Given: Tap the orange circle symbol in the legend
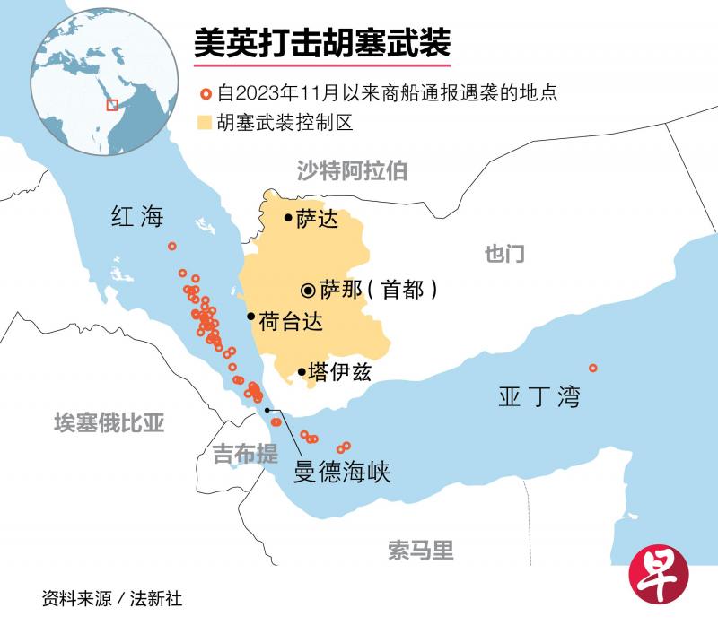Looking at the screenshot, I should click(x=205, y=93).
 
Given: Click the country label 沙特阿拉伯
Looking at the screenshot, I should click(x=352, y=170).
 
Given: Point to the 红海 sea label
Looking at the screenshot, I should click(x=137, y=216).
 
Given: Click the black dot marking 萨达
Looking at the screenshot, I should click(x=287, y=217).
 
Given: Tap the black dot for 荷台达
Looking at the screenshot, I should click(x=250, y=317).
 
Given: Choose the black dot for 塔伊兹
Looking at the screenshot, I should click(x=300, y=371).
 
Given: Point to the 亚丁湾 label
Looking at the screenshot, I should click(x=538, y=396).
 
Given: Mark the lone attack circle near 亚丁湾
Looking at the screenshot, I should click(x=592, y=368).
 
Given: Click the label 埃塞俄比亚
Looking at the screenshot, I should click(x=109, y=422).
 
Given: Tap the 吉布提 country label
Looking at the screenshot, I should click(x=244, y=455).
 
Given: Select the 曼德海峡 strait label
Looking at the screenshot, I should click(x=342, y=472).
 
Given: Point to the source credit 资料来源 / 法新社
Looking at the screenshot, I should click(x=111, y=598).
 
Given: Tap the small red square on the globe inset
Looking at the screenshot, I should click(x=111, y=105).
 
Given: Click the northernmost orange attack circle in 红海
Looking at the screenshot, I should click(x=172, y=246).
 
